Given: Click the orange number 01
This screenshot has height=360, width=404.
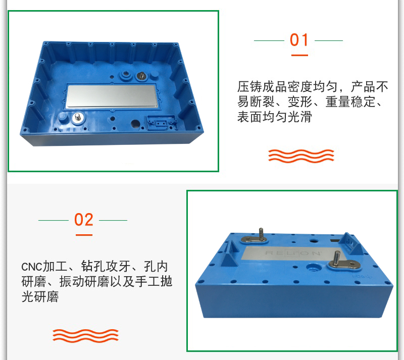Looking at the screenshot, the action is click(299, 40).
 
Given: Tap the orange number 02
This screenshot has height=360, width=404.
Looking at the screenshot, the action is click(83, 220).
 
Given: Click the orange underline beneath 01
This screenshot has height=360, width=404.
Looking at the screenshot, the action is click(299, 55).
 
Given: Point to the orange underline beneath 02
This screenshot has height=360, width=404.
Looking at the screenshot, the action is click(84, 235).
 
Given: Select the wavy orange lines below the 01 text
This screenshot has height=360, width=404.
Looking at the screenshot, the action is click(301, 156).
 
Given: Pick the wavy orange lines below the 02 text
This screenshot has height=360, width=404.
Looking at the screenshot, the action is click(85, 336).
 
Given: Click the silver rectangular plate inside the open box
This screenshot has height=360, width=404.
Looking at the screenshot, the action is click(112, 96).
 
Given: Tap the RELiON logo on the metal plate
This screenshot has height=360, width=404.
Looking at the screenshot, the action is click(293, 253).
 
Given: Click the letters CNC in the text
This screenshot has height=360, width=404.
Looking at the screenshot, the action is click(31, 267).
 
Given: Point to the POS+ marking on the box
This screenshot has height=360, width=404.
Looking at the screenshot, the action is click(362, 277).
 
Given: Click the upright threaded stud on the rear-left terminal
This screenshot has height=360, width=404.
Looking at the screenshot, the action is click(261, 234).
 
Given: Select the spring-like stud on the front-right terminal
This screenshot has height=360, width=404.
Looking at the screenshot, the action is click(336, 258).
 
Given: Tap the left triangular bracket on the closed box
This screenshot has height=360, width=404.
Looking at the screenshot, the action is click(231, 254).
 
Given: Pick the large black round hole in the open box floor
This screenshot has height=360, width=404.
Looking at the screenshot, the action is click(135, 124).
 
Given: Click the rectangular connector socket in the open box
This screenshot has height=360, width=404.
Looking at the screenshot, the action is click(161, 123).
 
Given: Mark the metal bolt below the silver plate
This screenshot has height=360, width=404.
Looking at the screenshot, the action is click(77, 118).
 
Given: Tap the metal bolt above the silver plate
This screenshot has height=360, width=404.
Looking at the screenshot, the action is click(141, 76).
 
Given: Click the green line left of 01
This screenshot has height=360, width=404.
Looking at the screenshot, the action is click(269, 40).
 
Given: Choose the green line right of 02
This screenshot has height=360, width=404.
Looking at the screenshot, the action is click(113, 220).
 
